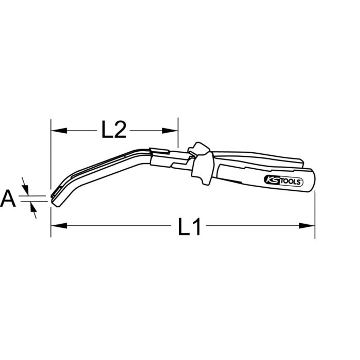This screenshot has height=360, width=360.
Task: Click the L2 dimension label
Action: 114,130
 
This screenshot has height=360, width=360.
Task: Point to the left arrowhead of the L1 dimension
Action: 55,225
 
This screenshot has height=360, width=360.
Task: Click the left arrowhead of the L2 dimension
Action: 55,130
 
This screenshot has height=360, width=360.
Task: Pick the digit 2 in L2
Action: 120,130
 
